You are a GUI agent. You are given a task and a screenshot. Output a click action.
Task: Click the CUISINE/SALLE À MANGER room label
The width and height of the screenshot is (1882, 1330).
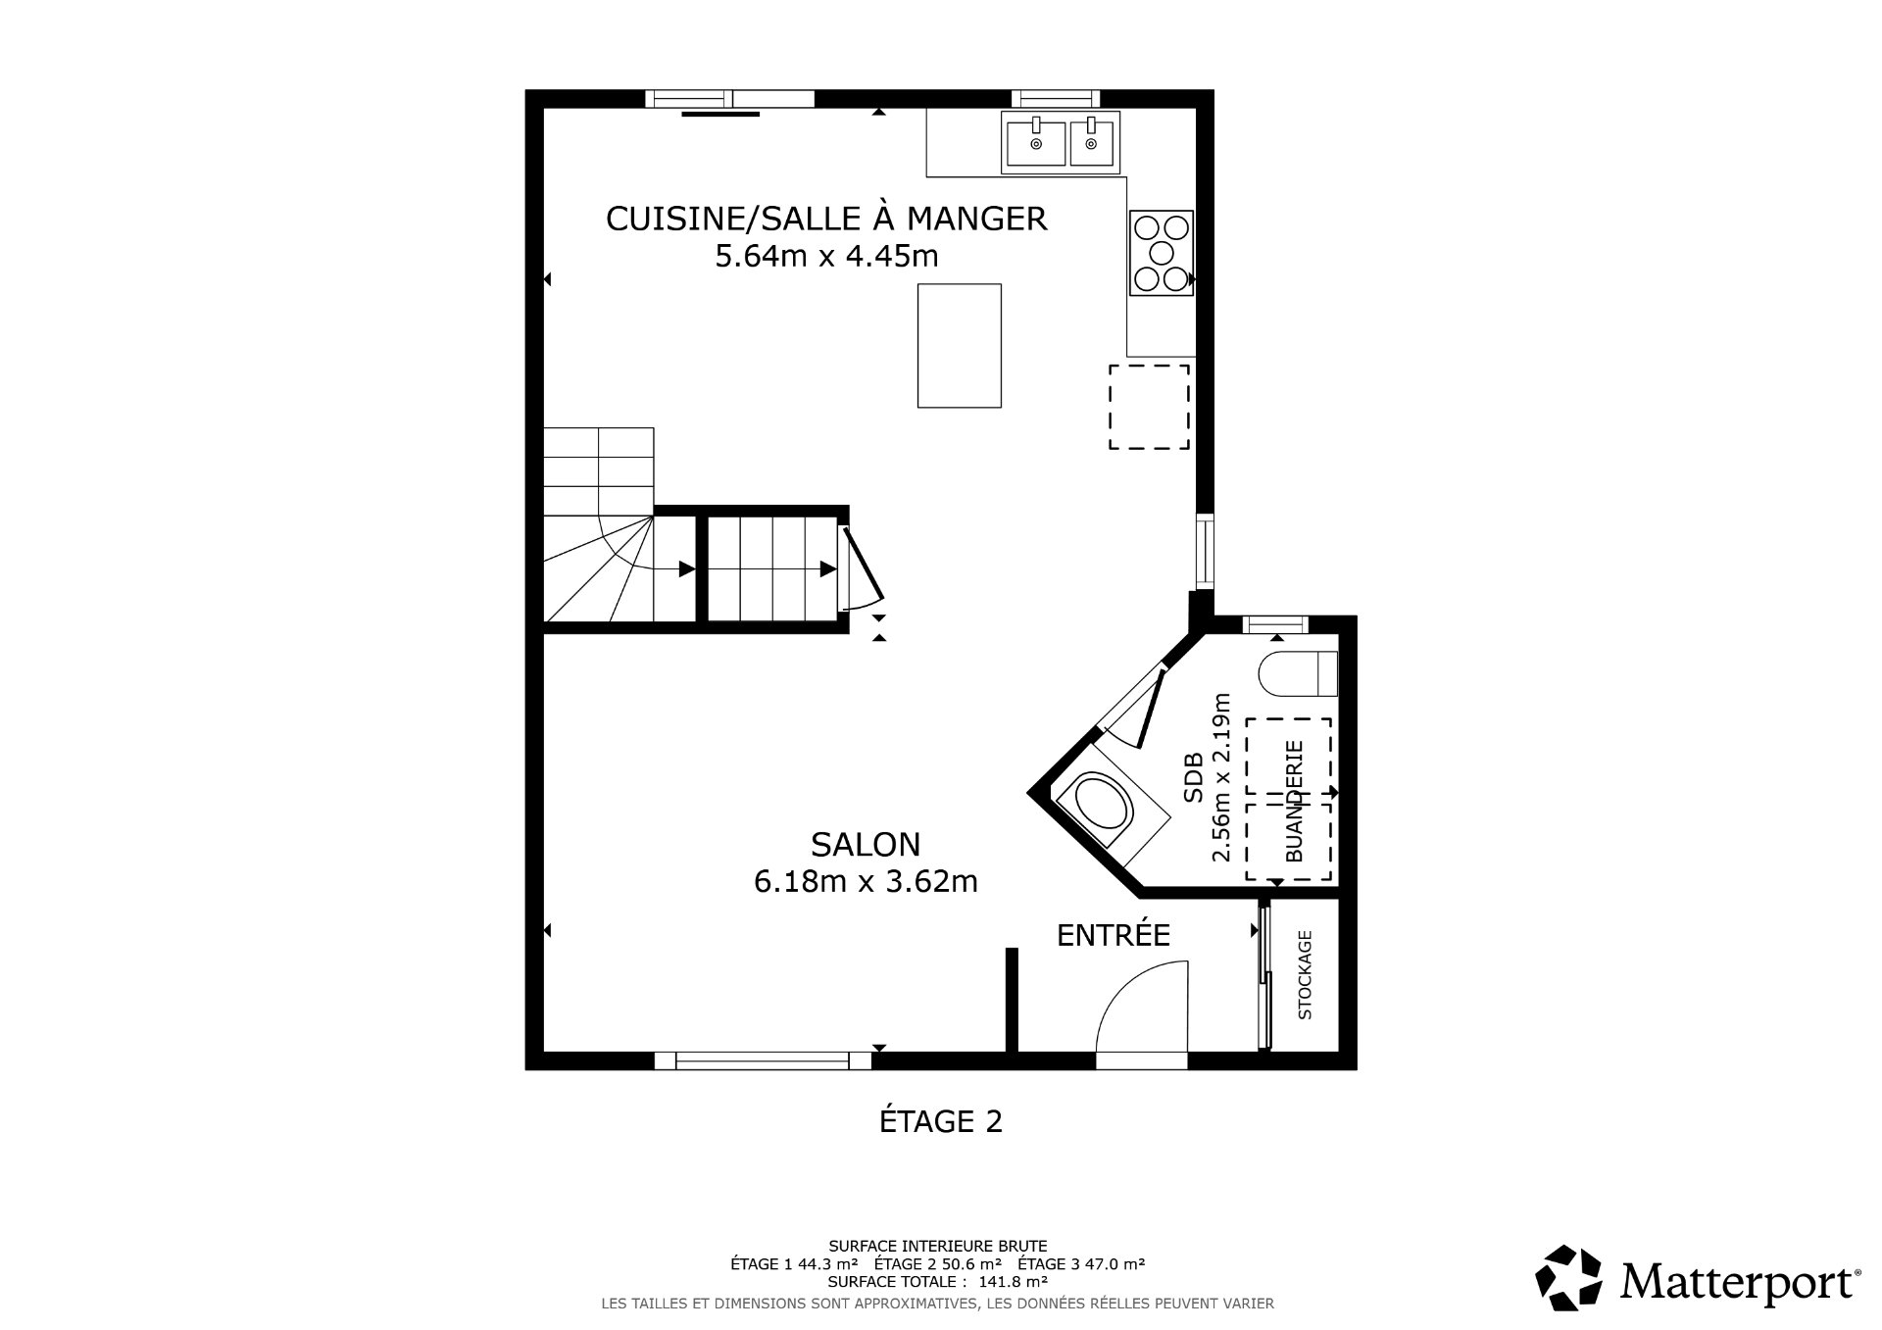pos(826,218)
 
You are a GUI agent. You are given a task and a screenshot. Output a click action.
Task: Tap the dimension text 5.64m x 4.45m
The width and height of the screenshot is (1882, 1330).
pos(826,257)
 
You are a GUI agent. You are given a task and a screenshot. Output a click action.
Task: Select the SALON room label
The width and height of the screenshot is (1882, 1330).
pos(866,844)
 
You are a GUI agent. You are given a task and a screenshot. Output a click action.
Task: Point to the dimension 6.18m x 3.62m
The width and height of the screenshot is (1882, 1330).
pos(866,882)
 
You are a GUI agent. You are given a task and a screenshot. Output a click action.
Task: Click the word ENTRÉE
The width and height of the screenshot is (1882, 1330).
pos(1114,936)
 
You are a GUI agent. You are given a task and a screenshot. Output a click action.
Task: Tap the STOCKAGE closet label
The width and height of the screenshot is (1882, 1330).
pos(1305,975)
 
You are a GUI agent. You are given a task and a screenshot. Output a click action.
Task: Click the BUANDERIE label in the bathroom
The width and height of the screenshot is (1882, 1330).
pos(1294,801)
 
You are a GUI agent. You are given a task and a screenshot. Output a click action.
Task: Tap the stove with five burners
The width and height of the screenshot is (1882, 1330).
pos(1162,253)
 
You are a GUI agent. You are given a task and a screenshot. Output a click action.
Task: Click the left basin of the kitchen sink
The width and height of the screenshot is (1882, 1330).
pos(1034,142)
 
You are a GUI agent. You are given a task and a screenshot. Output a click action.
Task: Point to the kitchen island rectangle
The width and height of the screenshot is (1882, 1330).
pos(959,345)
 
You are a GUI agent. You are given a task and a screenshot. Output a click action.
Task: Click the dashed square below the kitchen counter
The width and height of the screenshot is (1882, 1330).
pos(1149,407)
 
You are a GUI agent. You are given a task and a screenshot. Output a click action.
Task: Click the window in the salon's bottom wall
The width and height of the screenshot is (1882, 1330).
pos(763,1060)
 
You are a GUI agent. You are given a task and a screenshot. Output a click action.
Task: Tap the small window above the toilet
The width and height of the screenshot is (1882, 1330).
pos(1275,624)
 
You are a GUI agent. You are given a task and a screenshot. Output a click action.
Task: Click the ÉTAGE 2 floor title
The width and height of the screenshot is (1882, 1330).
pos(940,1121)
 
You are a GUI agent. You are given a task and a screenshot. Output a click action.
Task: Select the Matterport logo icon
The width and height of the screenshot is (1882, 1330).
pos(1568,1279)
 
